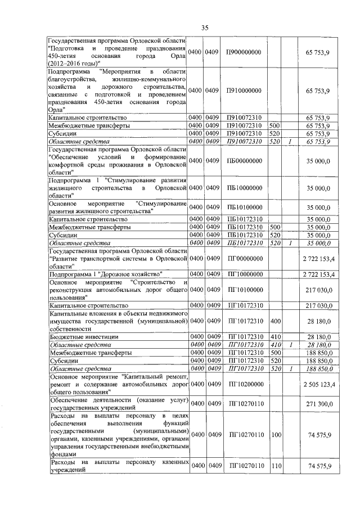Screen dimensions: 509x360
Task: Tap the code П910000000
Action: (245, 90)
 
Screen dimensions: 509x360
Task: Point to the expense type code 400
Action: (275, 321)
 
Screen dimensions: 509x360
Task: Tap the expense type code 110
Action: (275, 466)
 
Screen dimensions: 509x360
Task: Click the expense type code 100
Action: (275, 434)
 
